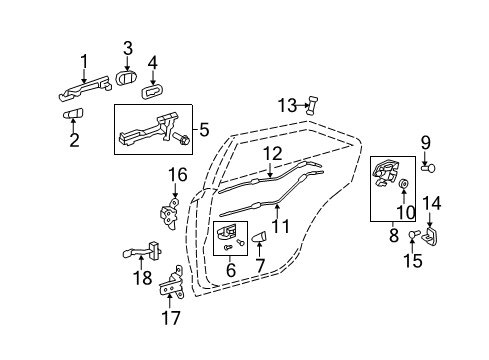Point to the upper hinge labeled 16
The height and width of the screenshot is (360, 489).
click(x=169, y=213)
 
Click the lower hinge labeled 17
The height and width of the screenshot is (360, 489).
click(x=174, y=287)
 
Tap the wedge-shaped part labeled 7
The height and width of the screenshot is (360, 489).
click(x=258, y=238)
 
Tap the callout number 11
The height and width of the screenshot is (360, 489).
click(x=279, y=226)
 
